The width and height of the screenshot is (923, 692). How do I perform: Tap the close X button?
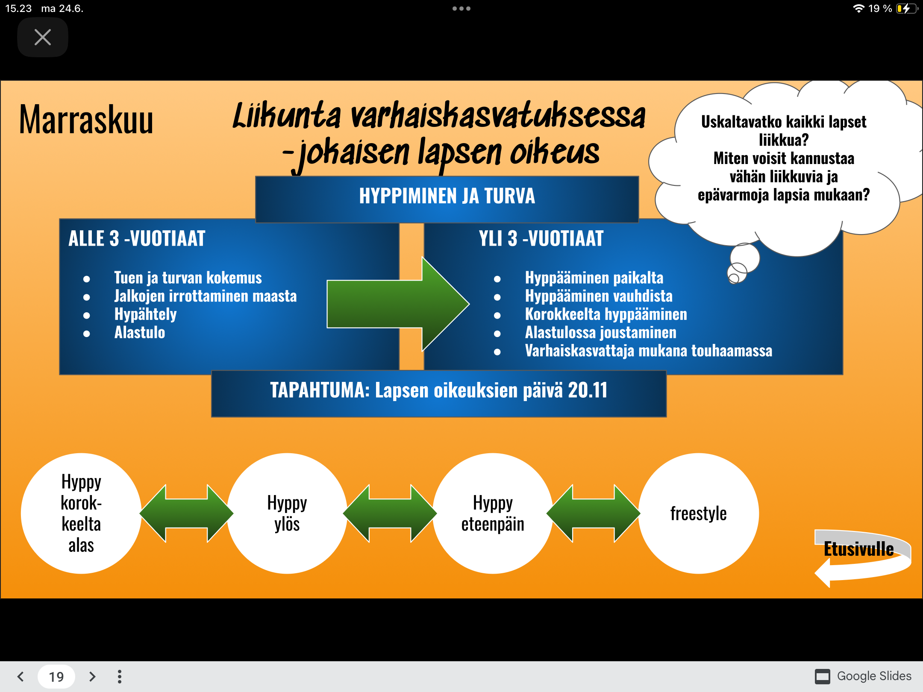(x=43, y=37)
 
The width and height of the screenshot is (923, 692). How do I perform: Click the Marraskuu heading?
(x=86, y=120)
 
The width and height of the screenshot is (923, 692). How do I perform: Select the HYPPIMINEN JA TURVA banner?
(x=447, y=199)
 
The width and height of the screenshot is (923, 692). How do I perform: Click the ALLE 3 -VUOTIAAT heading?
(x=137, y=238)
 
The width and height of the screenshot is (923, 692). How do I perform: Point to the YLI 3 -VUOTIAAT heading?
(x=541, y=238)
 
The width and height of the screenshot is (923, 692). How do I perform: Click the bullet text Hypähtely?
(x=145, y=315)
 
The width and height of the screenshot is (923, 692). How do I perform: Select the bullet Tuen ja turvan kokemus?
(x=188, y=278)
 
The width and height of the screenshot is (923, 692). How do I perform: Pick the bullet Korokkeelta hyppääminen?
(x=606, y=315)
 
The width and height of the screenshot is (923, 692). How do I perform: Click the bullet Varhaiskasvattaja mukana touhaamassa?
(x=649, y=351)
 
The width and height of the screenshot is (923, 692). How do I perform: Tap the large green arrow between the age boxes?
(x=398, y=304)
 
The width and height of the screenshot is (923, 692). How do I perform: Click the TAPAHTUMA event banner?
(x=439, y=393)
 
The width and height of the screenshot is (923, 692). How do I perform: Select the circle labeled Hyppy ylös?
(x=287, y=513)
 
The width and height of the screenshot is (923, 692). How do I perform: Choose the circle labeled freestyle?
(x=699, y=513)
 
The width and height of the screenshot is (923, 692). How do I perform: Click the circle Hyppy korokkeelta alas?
(x=81, y=513)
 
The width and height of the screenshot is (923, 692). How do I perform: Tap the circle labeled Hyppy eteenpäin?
(x=493, y=513)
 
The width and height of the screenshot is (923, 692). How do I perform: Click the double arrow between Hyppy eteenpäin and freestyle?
(x=594, y=513)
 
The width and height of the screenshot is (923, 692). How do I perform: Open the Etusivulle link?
(x=859, y=549)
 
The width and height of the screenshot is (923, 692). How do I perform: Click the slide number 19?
(x=56, y=677)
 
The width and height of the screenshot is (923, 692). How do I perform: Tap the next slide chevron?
(x=92, y=677)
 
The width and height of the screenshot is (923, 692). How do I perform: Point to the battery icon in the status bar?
(x=907, y=9)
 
